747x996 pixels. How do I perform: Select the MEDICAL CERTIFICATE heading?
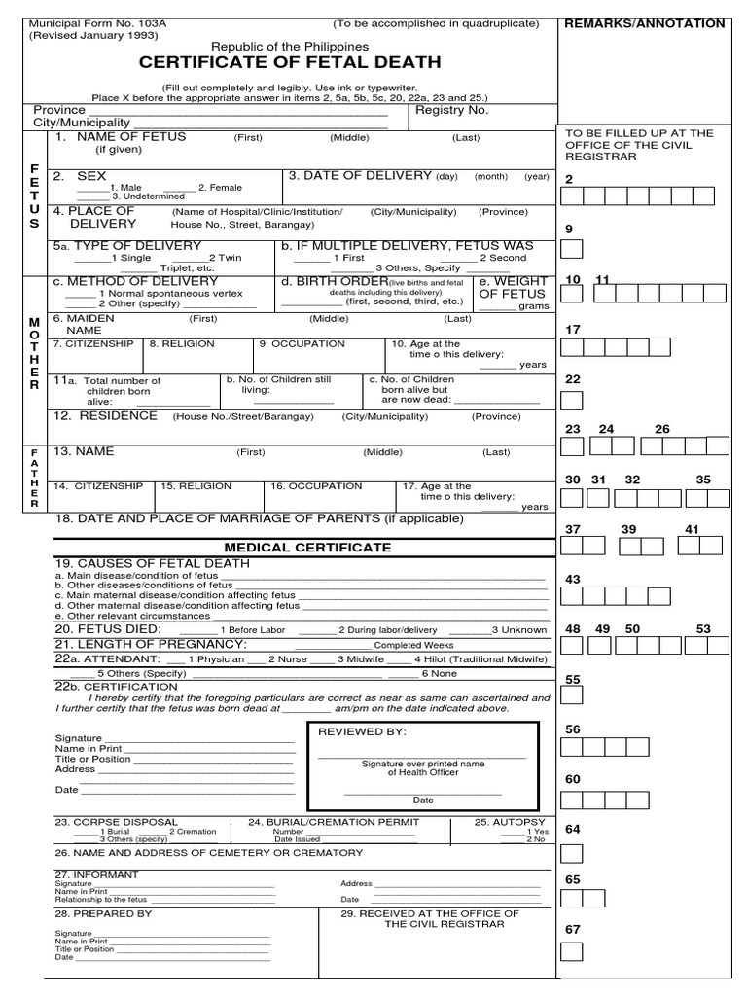pos(307,548)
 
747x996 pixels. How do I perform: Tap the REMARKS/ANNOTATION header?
pos(645,23)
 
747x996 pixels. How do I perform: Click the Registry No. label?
pos(451,110)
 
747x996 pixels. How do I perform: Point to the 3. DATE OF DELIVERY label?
pos(361,176)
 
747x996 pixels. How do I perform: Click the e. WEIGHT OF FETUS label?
pos(513,288)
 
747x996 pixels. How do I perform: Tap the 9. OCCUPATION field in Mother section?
pos(302,343)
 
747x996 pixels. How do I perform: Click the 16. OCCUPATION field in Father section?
pos(308,485)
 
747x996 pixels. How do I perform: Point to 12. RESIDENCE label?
pos(106,415)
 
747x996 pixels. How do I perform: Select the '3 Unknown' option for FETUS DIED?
pos(514,629)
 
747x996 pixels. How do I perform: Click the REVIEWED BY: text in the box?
pos(363,731)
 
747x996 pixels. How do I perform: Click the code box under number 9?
pos(573,249)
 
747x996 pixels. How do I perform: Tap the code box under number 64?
pos(573,853)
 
